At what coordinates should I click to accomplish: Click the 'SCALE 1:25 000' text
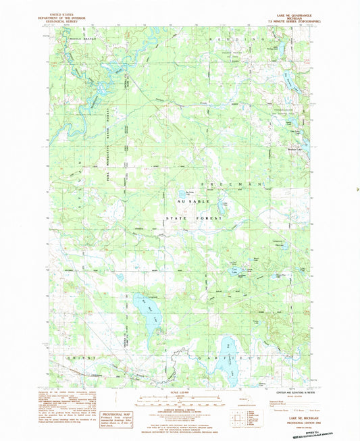(176, 394)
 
